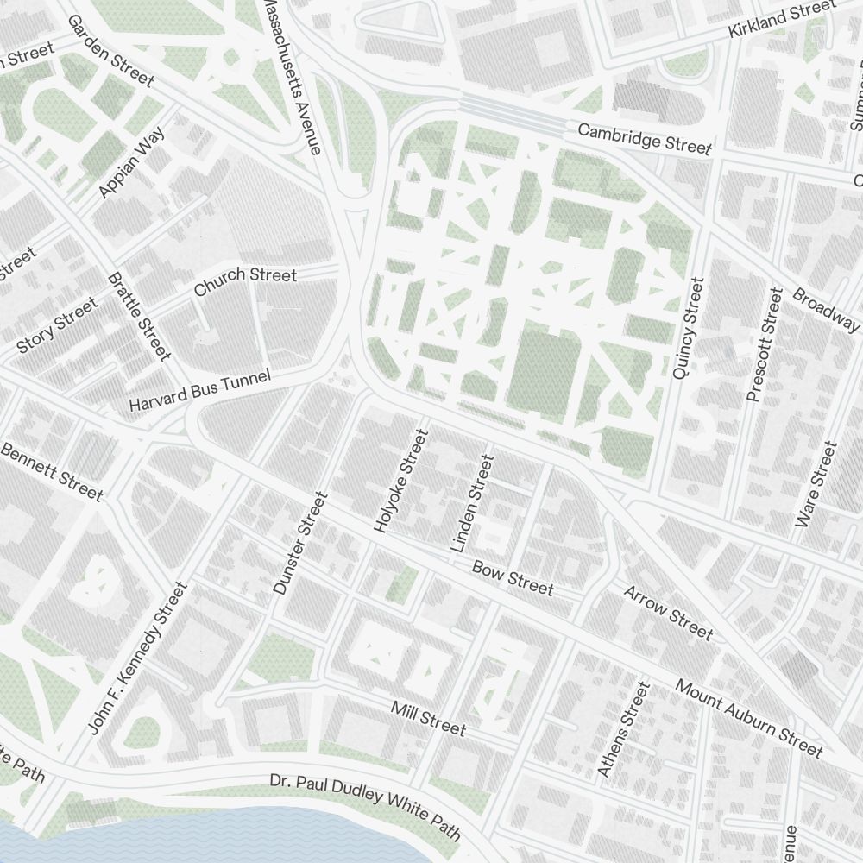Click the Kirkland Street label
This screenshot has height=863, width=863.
782,19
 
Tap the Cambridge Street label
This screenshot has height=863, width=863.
645,139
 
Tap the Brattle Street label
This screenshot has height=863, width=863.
138,316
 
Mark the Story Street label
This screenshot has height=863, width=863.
58,325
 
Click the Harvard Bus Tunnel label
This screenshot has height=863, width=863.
199,390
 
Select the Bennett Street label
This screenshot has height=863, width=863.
51,471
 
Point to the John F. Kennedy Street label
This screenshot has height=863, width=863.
137,658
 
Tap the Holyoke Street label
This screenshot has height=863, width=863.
401,480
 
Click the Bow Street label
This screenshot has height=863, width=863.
513,577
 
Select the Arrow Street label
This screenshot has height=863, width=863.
668,613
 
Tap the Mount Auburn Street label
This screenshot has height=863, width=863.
749,717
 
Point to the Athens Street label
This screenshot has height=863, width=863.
622,729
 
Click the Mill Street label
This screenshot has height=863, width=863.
428,718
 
